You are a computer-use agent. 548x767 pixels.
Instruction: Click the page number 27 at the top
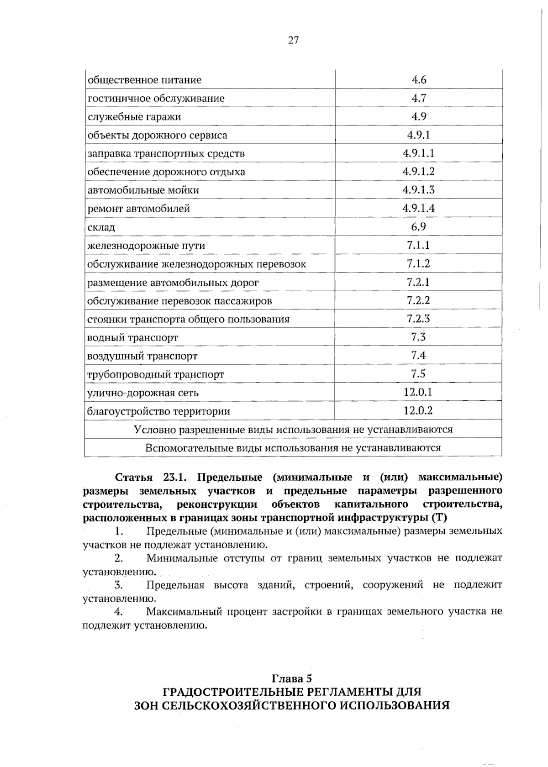[293, 41]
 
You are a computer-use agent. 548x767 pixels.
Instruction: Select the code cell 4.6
[419, 80]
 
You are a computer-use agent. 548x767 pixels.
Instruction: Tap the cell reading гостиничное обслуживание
[156, 99]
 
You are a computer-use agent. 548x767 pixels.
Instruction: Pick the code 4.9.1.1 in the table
[418, 153]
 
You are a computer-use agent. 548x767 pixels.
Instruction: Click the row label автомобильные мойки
[143, 190]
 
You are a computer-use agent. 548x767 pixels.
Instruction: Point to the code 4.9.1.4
[418, 209]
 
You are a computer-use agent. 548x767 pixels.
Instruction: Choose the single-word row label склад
[101, 227]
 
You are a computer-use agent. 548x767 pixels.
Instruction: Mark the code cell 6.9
[419, 227]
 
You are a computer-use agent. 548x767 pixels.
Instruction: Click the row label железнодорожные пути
[147, 246]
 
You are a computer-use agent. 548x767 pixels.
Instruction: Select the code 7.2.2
[418, 300]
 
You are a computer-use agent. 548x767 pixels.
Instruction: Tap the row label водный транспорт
[133, 338]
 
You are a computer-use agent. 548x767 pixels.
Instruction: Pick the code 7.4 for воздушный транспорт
[418, 355]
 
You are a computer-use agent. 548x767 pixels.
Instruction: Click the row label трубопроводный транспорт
[156, 375]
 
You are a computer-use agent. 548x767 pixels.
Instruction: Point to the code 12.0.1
[418, 392]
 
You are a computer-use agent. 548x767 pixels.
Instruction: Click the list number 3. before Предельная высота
[119, 585]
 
